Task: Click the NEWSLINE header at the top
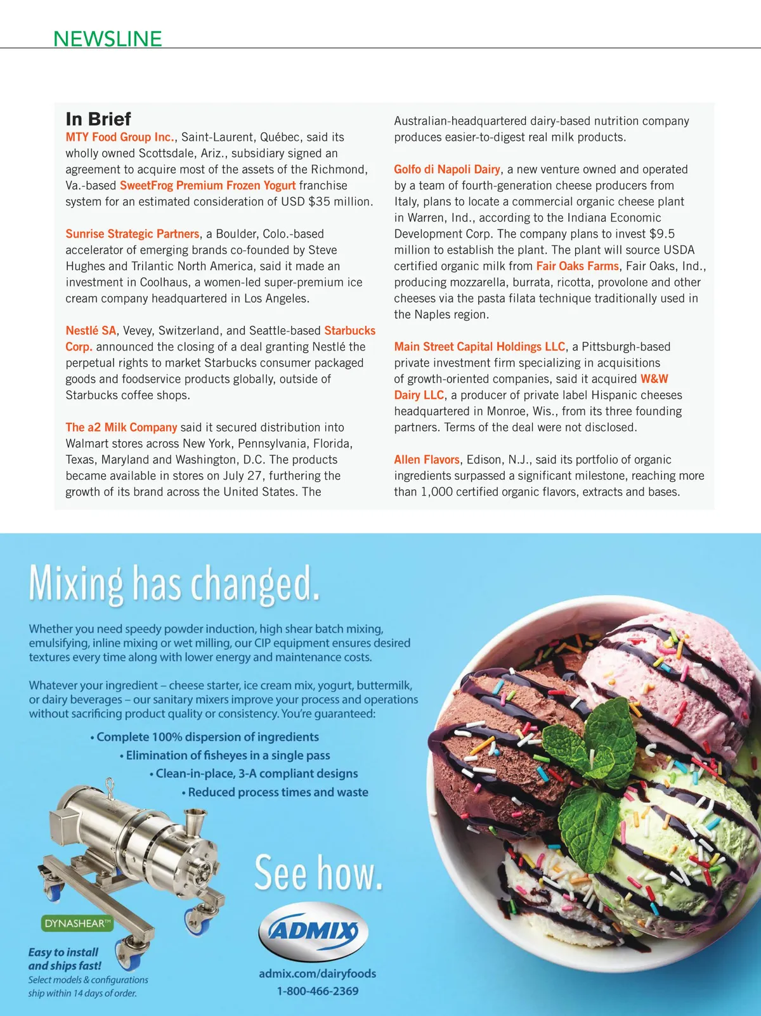(x=108, y=39)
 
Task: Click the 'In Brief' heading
(x=98, y=119)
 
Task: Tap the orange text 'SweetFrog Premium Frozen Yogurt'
(x=207, y=186)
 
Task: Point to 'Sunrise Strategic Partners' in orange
(x=133, y=234)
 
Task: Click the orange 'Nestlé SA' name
(x=91, y=331)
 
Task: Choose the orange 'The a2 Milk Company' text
(x=121, y=427)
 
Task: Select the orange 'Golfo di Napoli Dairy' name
(x=447, y=169)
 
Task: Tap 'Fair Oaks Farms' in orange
(x=577, y=266)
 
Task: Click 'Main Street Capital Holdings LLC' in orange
(x=479, y=347)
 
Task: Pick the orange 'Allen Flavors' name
(x=427, y=460)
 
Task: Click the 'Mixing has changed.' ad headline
(x=174, y=583)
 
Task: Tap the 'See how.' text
(x=318, y=873)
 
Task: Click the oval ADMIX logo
(x=313, y=931)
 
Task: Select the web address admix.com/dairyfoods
(x=317, y=974)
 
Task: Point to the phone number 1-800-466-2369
(x=317, y=991)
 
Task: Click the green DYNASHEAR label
(x=77, y=923)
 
